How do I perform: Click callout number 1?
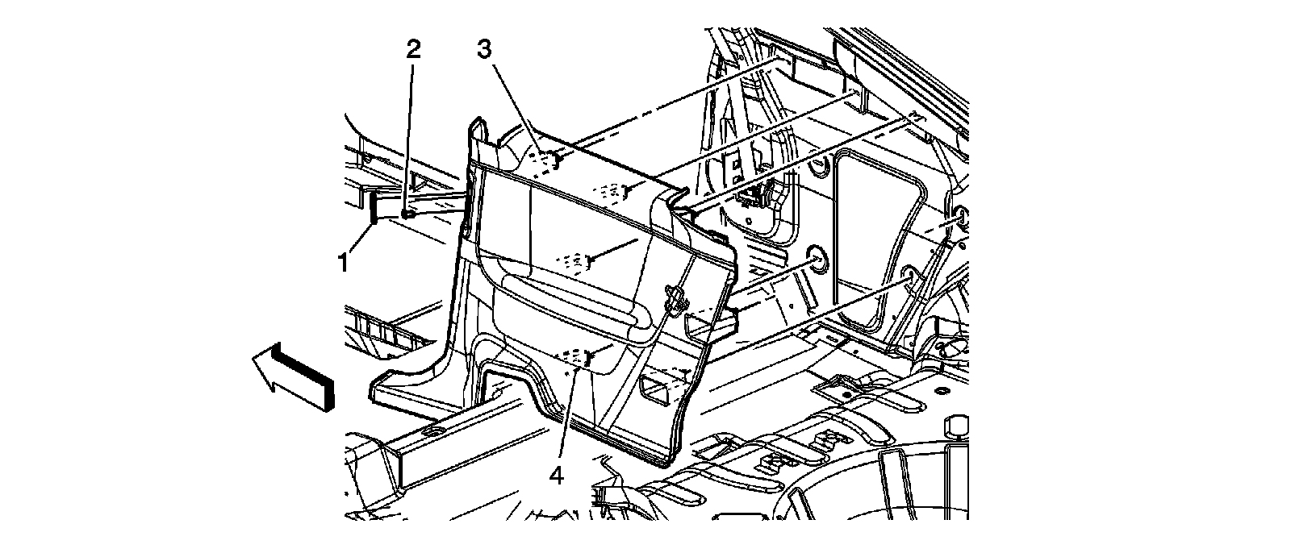point(343,262)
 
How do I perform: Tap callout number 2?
point(413,50)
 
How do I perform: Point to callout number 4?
point(555,476)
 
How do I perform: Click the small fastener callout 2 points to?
point(408,215)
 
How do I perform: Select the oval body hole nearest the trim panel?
point(816,260)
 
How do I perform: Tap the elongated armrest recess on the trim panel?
point(581,302)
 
